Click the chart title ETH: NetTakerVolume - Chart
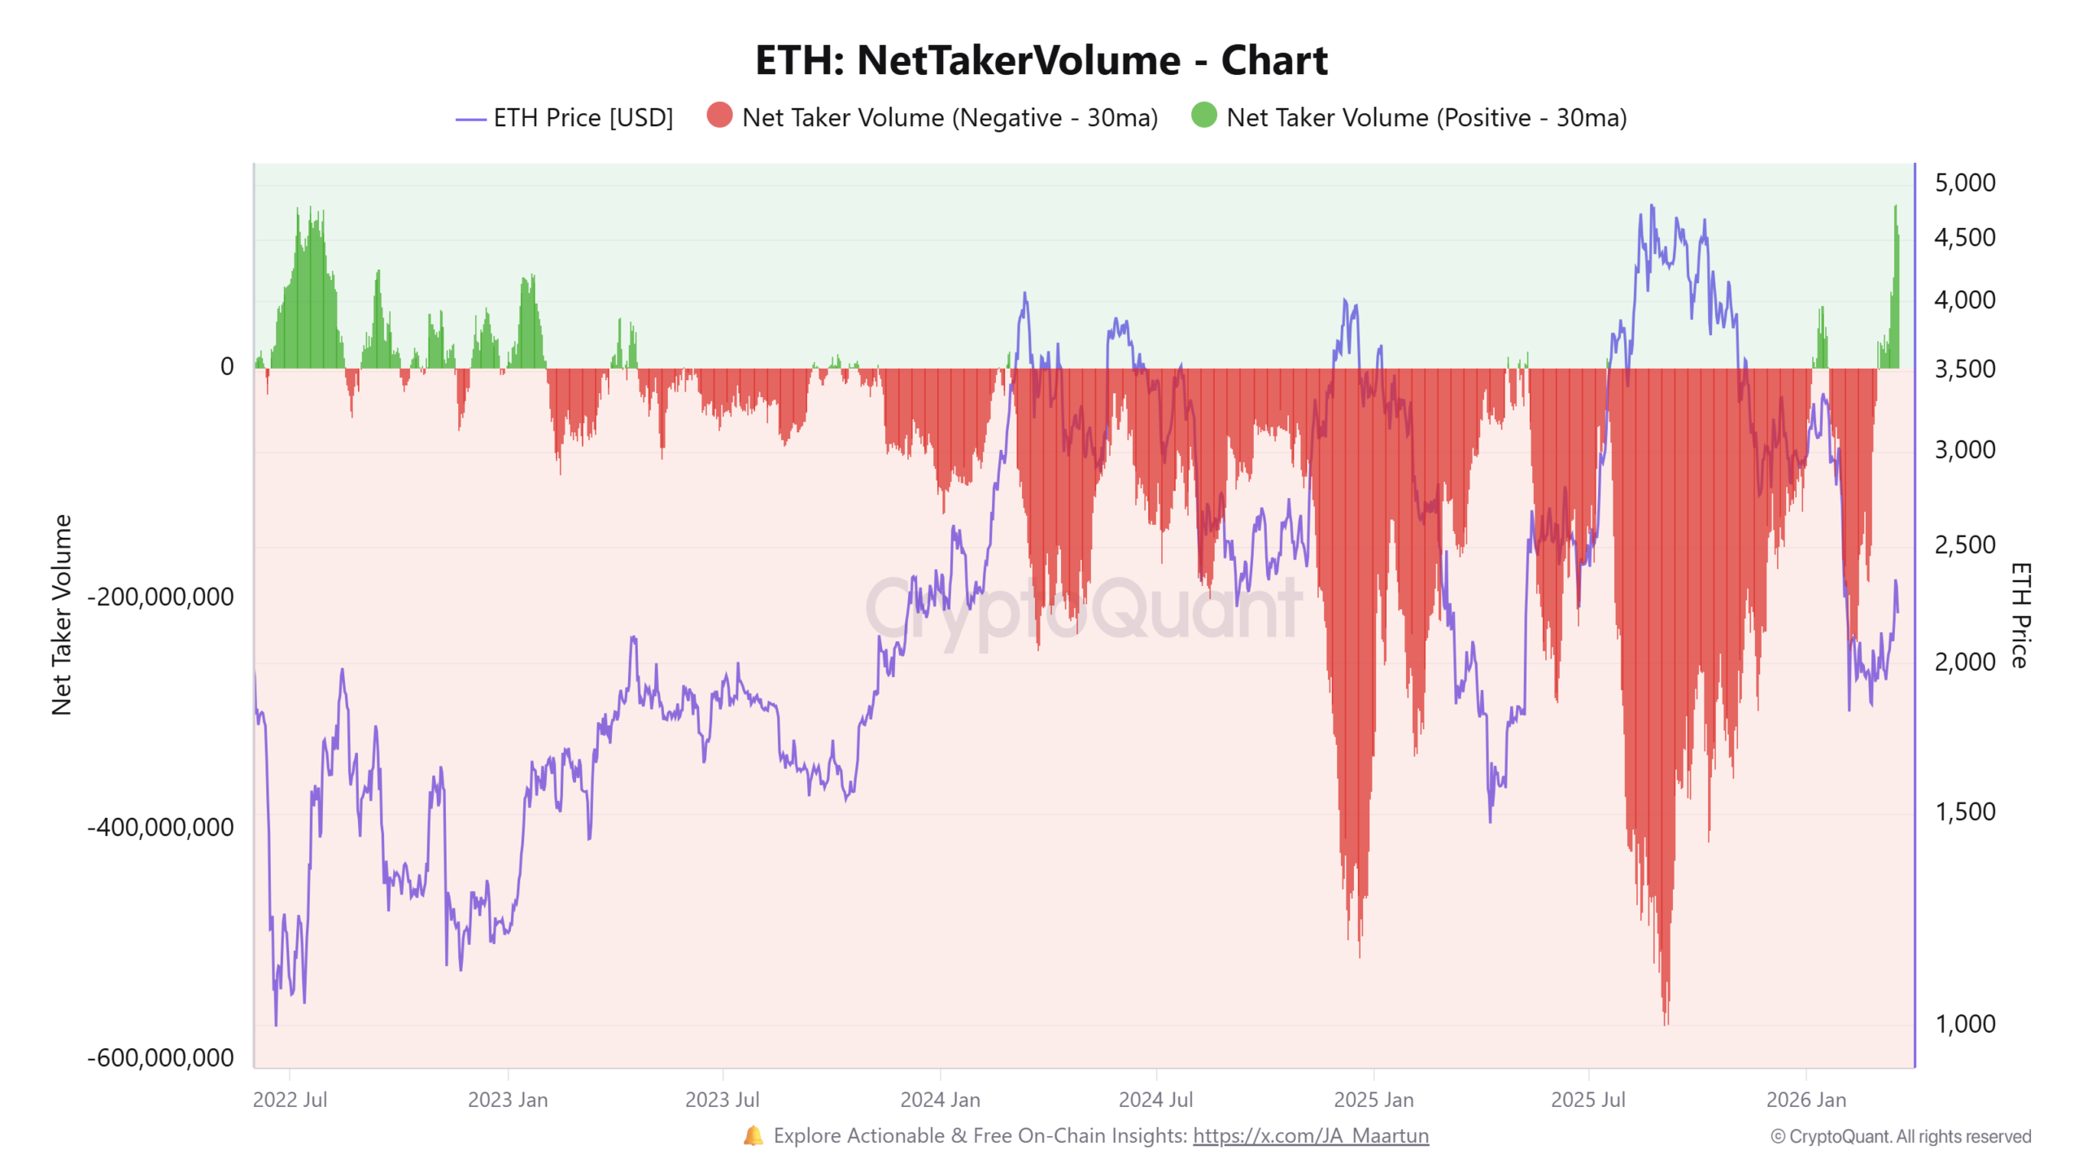click(x=1041, y=60)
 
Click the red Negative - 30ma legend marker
click(x=719, y=116)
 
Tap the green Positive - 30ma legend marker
click(x=1203, y=116)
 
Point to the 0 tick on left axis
click(x=227, y=367)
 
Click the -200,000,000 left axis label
click(x=160, y=597)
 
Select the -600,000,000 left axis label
click(x=160, y=1057)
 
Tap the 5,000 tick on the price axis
click(x=1964, y=183)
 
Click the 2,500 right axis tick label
click(x=1964, y=544)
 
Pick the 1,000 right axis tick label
click(x=1964, y=1024)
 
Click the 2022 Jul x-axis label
click(x=290, y=1100)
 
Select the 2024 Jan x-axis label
click(x=940, y=1100)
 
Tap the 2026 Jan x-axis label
click(x=1806, y=1100)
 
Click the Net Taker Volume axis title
click(x=62, y=614)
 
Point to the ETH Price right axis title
click(x=2020, y=614)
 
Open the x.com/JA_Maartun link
click(x=1310, y=1135)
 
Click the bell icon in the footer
click(x=753, y=1135)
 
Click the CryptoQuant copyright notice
click(x=1900, y=1136)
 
